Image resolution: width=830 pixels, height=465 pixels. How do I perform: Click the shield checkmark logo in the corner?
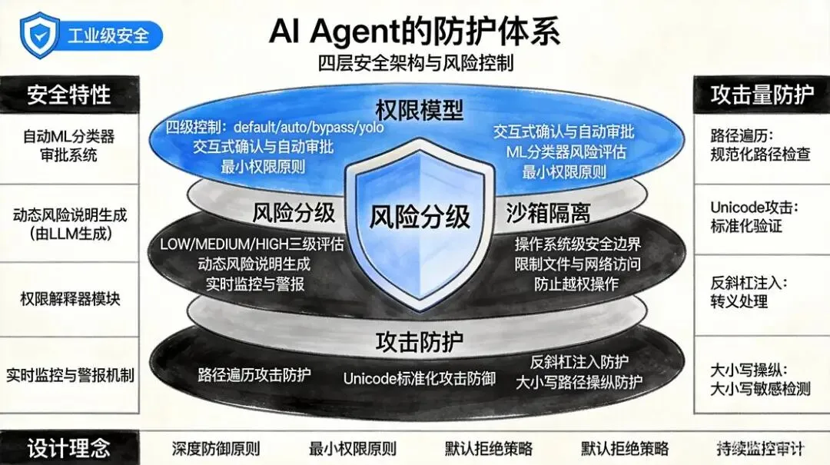(x=39, y=35)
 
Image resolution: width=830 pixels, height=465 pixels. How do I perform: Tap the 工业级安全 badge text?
(x=108, y=35)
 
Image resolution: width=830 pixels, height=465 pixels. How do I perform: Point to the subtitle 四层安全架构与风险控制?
(x=415, y=63)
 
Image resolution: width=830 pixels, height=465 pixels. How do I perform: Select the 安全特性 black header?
(x=69, y=95)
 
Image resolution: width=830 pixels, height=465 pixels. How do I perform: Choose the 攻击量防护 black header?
(x=762, y=95)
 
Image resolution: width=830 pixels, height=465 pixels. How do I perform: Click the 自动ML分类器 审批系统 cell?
(x=69, y=145)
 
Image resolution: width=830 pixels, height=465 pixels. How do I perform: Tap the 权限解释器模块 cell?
(x=69, y=299)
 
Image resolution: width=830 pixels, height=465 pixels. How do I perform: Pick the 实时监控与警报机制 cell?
(x=69, y=376)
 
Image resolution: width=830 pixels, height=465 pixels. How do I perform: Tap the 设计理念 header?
(x=69, y=448)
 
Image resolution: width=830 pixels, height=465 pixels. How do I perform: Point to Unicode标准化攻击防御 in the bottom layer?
(x=419, y=378)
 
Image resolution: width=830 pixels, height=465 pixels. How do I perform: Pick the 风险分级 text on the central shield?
(x=420, y=217)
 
